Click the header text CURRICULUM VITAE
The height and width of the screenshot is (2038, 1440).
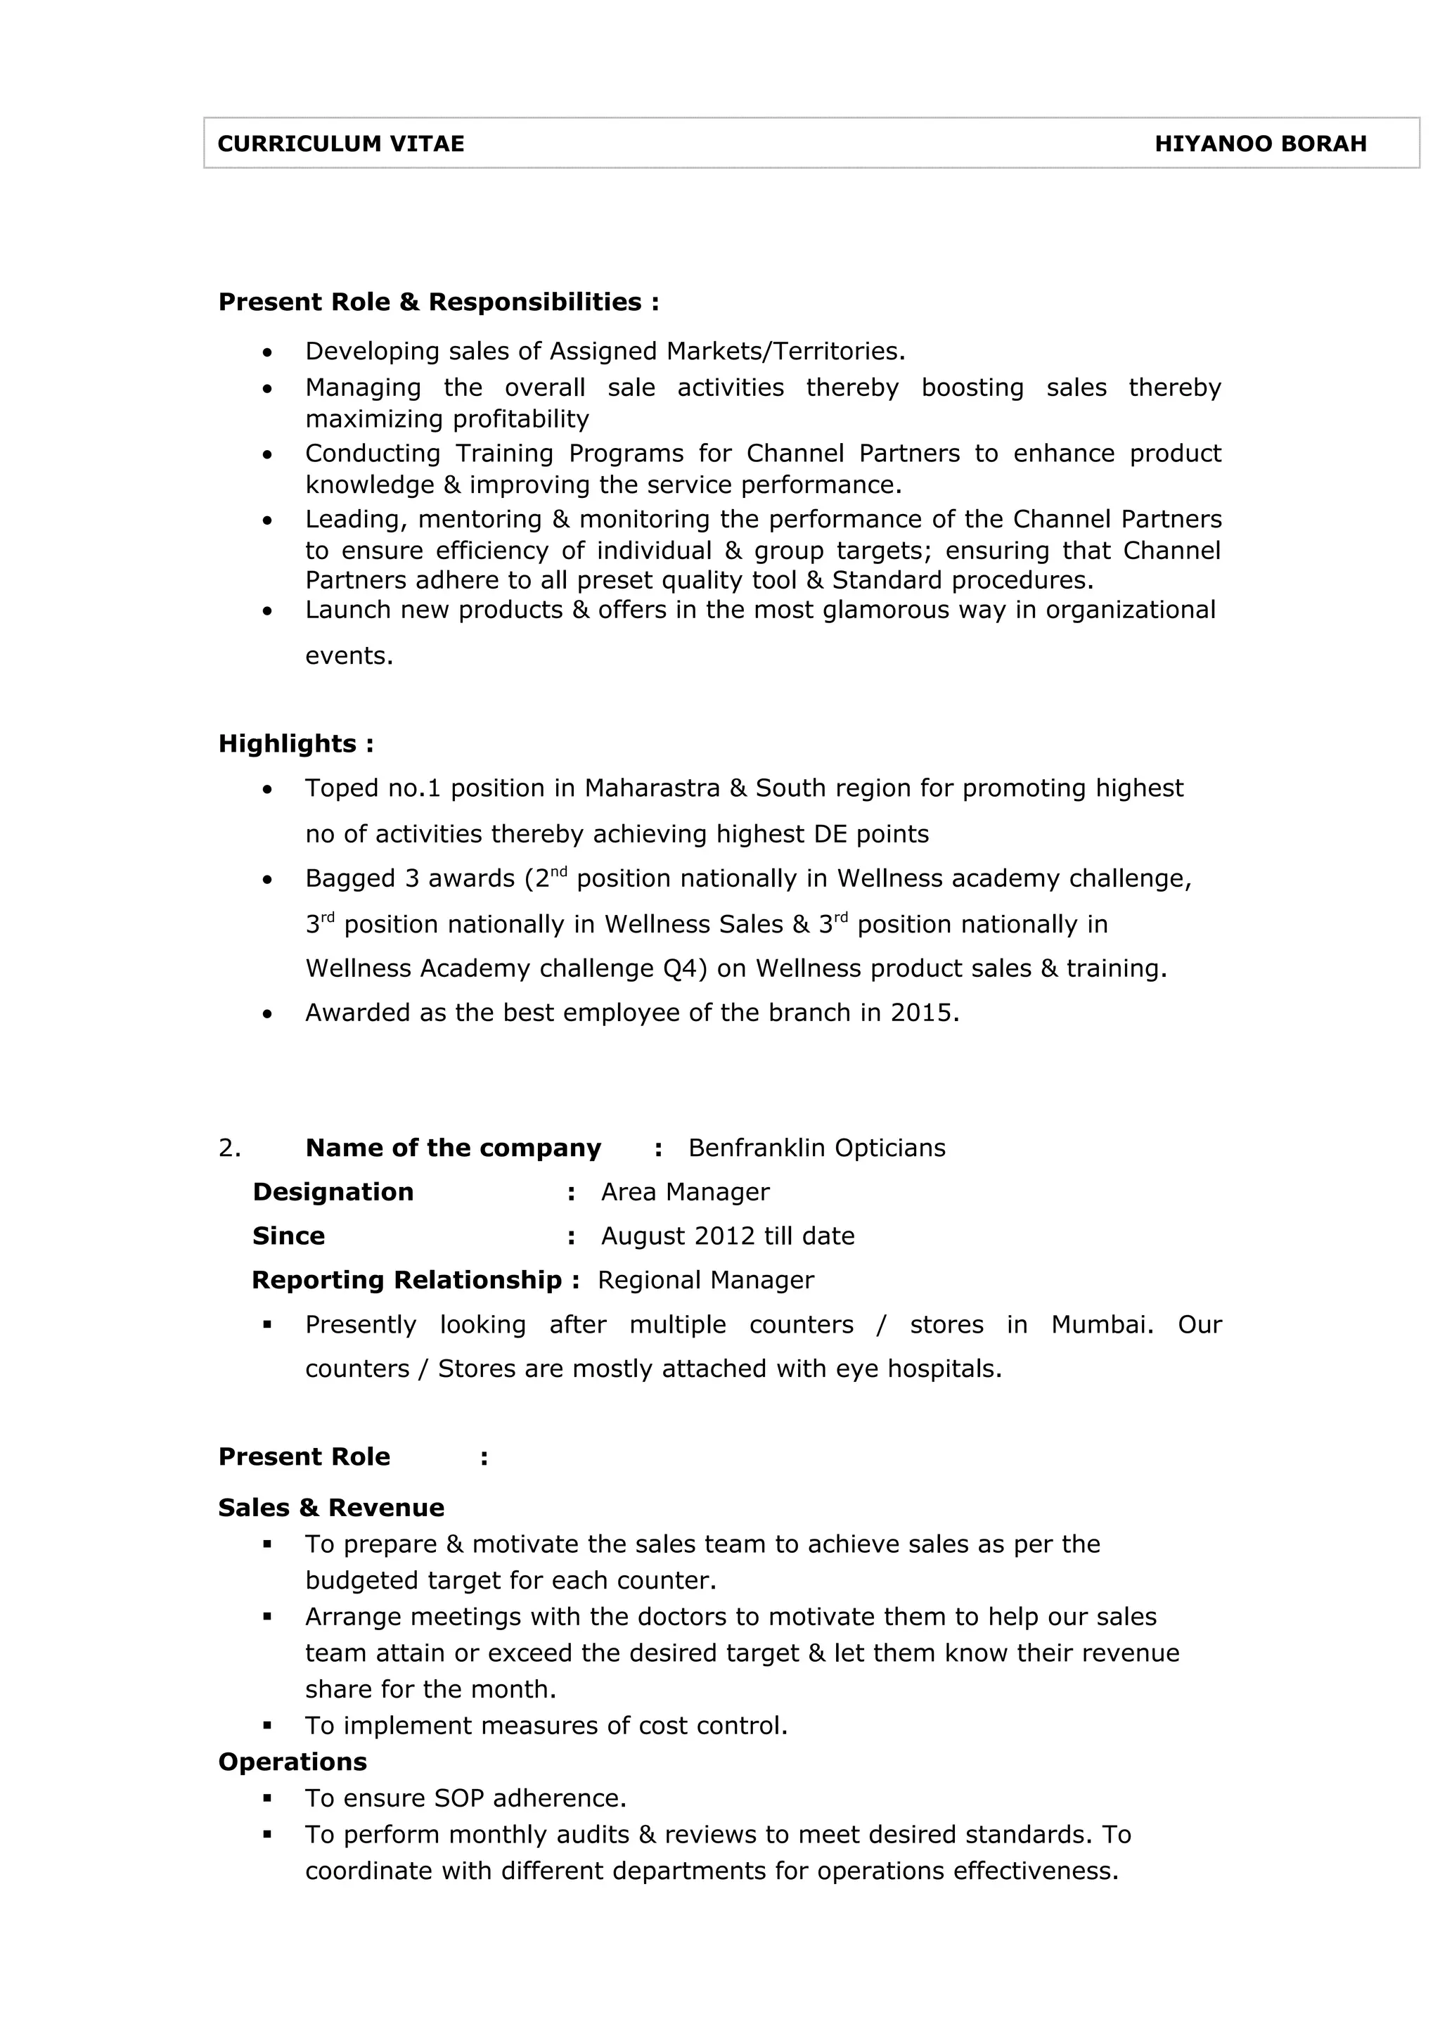341,143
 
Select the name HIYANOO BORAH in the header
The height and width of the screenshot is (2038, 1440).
1260,143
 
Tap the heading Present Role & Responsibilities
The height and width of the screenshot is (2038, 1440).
438,302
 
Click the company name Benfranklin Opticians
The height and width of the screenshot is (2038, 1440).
816,1148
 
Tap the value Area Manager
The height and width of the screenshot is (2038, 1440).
685,1192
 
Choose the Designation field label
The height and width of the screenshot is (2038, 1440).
333,1192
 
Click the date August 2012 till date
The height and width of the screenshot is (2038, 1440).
728,1236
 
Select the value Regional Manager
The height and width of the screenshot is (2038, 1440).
705,1280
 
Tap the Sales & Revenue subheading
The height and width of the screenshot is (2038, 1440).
331,1507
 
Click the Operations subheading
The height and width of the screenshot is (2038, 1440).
292,1762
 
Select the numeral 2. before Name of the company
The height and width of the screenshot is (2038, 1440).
229,1148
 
